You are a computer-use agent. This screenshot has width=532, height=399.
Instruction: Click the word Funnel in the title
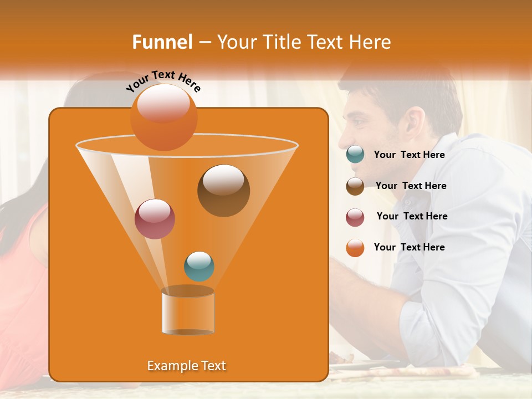coord(162,42)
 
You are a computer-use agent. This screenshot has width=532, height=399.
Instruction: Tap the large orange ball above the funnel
coord(163,117)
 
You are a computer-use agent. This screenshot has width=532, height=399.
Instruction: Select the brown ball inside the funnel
coord(223,190)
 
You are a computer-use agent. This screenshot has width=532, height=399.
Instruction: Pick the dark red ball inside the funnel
coord(155,219)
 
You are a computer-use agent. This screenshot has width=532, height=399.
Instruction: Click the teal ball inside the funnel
coord(199,266)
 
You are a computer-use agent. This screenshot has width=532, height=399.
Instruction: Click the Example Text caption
coord(186,366)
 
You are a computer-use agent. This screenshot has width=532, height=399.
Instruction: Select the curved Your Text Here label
coord(163,81)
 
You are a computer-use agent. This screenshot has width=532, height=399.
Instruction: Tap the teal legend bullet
coord(355,155)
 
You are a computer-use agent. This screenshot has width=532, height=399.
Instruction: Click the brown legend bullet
coord(355,186)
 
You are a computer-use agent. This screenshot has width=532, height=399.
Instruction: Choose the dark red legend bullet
coord(355,217)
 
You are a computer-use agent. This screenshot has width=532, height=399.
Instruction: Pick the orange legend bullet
coord(355,248)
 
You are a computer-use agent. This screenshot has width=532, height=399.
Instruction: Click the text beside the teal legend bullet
coord(409,155)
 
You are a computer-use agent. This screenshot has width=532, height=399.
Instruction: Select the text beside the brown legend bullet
coord(411,186)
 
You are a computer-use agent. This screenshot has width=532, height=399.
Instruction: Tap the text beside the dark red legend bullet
coord(412,216)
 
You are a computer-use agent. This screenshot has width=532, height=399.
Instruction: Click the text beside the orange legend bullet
coord(409,247)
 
